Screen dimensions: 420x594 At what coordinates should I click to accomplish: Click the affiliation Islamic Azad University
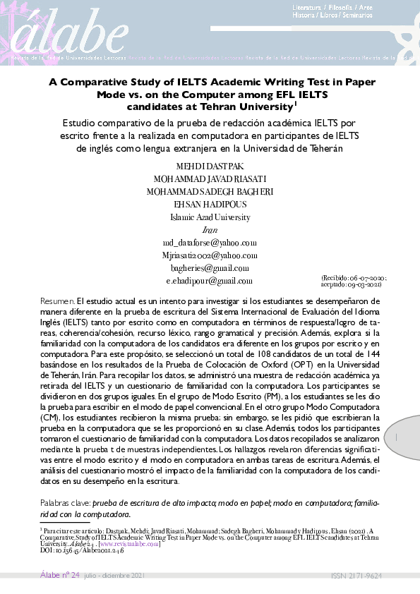210,217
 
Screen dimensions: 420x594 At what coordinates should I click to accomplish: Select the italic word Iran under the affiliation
210,229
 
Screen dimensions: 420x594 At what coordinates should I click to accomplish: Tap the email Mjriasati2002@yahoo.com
210,255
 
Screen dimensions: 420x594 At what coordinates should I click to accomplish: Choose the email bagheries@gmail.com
210,267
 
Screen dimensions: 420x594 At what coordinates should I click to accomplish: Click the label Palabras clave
65,504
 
